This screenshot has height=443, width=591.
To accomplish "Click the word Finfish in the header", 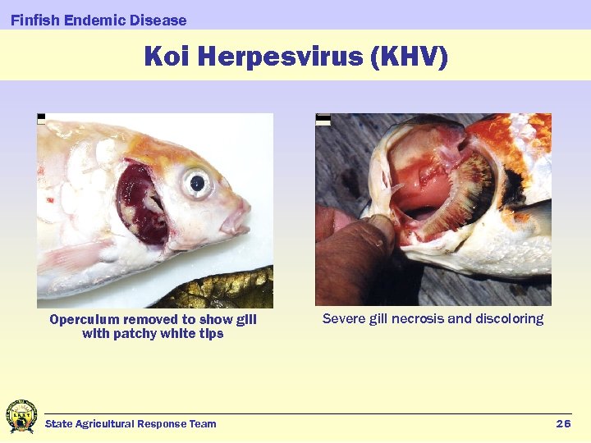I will point(34,20).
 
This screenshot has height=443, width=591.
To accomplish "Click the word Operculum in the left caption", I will point(85,319).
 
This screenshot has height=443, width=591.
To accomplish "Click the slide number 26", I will point(563,423).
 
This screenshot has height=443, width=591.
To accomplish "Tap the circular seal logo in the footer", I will point(21,417).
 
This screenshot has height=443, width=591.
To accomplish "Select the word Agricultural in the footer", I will point(105,423).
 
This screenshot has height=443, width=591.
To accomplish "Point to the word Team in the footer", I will point(203,423).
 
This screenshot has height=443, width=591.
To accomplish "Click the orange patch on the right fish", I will point(505,135).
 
